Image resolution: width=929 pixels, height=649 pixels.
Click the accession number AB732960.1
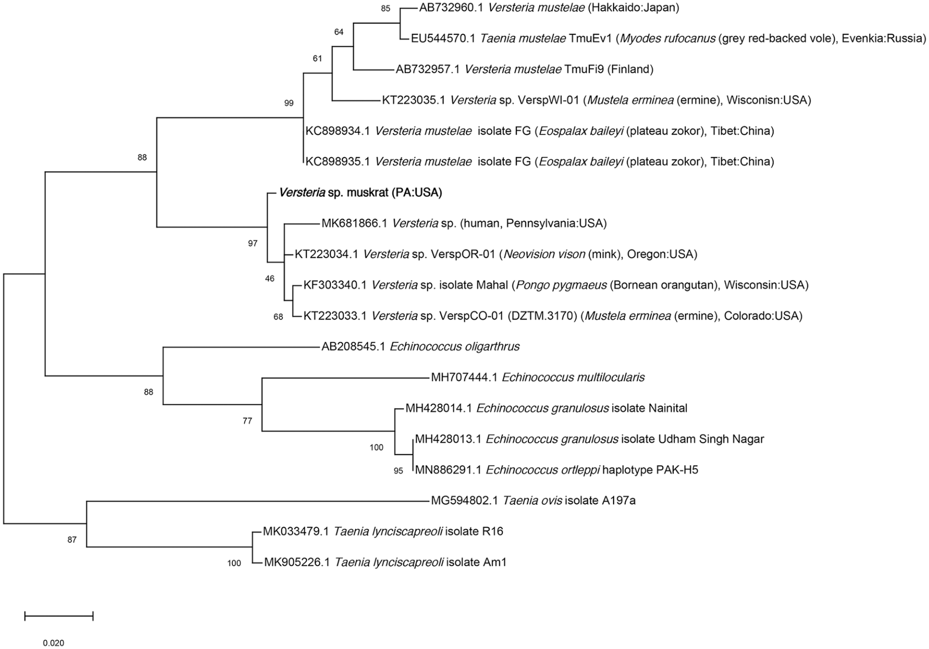pos(451,8)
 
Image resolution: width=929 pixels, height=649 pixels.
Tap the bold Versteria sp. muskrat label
pos(360,193)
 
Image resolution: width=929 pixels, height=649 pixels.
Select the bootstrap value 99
pos(289,103)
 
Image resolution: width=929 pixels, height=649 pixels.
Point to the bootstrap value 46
pos(270,279)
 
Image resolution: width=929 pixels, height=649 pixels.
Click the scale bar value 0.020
pos(54,643)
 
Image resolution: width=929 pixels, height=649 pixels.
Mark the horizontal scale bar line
pos(59,616)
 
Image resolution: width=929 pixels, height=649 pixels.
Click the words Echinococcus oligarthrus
pos(455,347)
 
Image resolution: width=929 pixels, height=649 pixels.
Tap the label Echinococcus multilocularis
pos(573,377)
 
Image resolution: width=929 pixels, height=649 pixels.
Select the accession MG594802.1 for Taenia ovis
pos(464,501)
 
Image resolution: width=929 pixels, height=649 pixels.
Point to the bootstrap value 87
pos(72,540)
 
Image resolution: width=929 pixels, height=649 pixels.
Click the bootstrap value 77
pos(247,421)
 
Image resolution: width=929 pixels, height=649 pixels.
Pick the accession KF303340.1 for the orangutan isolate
pos(335,285)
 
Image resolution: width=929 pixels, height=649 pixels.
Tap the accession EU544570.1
pos(443,39)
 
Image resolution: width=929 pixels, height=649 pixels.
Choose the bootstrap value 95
pos(398,471)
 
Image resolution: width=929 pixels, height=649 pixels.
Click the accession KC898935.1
pos(337,162)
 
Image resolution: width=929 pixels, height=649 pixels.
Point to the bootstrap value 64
pos(339,32)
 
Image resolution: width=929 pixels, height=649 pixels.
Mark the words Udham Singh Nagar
pos(711,439)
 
